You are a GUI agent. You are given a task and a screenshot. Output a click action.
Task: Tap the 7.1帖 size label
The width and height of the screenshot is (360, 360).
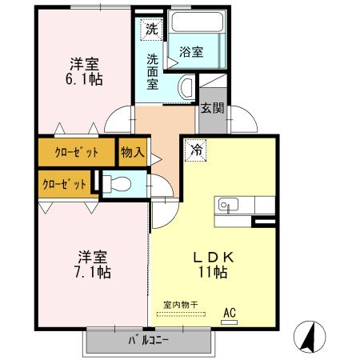(x=94, y=272)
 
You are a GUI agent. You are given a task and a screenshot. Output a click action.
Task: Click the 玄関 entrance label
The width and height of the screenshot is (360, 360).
(x=212, y=110)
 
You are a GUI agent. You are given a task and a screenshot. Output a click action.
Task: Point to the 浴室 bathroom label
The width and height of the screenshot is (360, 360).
(x=191, y=52)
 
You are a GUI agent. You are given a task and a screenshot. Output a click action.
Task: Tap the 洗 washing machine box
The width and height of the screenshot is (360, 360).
(x=152, y=30)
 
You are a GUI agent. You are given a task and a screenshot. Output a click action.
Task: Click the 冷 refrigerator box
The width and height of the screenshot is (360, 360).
(x=196, y=149)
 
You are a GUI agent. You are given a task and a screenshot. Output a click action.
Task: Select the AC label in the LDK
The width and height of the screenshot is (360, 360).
(x=230, y=313)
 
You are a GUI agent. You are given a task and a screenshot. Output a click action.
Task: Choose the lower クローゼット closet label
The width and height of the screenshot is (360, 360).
(x=65, y=182)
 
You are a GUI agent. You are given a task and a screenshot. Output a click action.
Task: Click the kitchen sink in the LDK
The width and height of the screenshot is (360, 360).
(x=225, y=206)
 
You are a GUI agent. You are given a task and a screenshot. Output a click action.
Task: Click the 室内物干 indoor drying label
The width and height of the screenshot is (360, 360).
(x=186, y=304)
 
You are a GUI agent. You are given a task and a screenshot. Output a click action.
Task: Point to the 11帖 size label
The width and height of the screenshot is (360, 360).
(x=211, y=272)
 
